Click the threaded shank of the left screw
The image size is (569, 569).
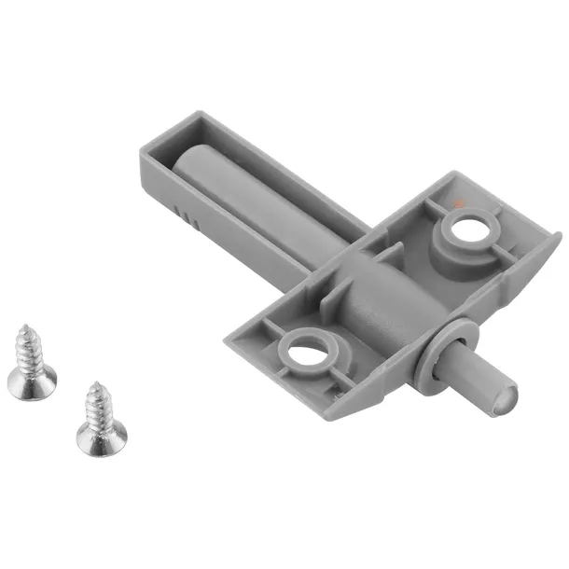(26, 350)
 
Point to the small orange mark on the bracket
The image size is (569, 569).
(455, 200)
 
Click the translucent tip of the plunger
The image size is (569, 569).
(500, 397)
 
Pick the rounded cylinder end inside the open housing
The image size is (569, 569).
(194, 160)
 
